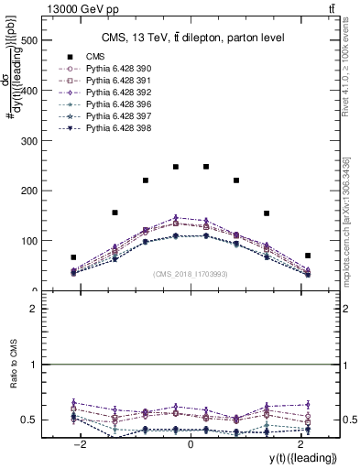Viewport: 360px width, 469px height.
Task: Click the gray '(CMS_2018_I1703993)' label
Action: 190,273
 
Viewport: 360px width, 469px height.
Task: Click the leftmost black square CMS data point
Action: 73,257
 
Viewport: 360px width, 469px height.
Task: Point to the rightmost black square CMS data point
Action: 308,256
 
